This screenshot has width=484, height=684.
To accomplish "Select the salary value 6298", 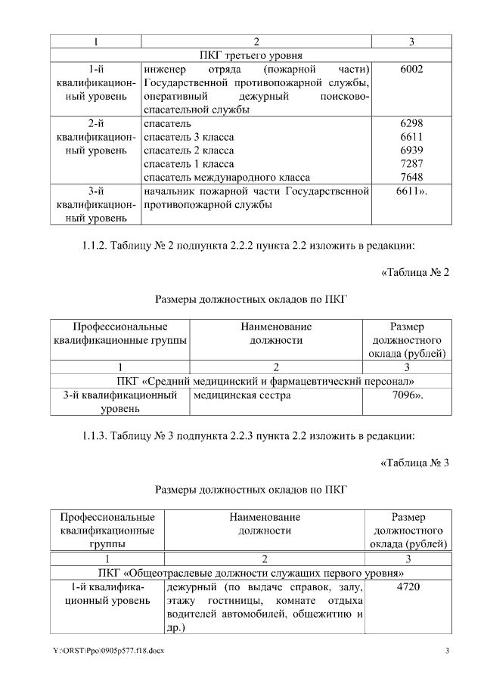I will [x=411, y=123].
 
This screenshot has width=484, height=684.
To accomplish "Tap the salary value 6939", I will [x=411, y=150].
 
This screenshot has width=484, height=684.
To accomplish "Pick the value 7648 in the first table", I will [x=411, y=178].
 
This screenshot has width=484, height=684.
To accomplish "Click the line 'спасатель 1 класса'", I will [x=188, y=164].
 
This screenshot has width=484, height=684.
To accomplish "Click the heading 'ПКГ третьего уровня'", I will [x=251, y=55].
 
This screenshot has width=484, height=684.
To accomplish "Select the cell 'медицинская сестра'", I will [x=237, y=395].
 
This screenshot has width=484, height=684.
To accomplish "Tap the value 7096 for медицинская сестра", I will [x=408, y=395].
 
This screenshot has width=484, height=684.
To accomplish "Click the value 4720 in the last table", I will [x=408, y=587].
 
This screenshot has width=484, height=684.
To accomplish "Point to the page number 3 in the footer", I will [x=447, y=651].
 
